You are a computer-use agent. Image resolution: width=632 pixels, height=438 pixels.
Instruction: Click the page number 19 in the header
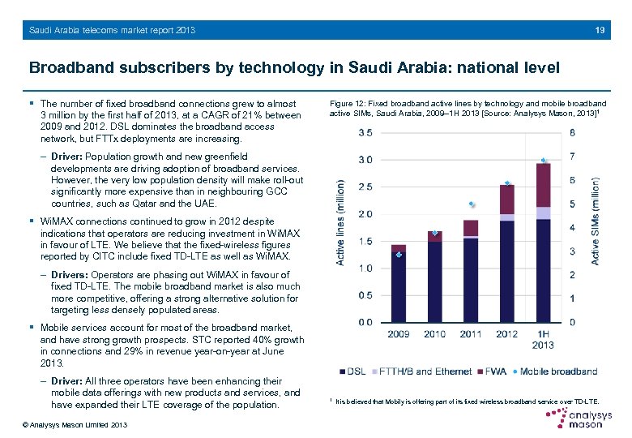point(600,30)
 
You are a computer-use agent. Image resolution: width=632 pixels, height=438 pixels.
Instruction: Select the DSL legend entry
point(352,371)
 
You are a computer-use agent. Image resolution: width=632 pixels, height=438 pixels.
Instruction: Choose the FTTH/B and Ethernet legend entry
point(424,371)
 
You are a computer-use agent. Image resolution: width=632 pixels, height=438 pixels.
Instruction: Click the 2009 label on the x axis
point(399,333)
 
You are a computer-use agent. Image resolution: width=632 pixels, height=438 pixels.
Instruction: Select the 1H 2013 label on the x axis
point(543,339)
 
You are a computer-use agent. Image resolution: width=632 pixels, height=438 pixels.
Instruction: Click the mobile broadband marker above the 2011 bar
point(472,204)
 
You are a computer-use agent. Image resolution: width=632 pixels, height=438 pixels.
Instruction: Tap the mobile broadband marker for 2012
point(507,183)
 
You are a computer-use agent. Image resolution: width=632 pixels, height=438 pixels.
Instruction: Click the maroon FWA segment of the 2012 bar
point(507,200)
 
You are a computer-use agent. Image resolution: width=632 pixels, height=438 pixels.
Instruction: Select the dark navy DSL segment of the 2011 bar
point(471,280)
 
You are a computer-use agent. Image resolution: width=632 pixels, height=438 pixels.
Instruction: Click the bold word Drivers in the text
point(69,274)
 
